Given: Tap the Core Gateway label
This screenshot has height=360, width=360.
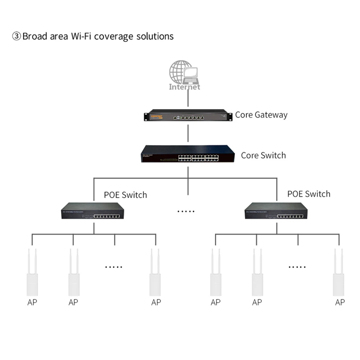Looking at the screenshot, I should [261, 115].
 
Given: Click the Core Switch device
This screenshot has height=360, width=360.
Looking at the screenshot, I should [188, 154].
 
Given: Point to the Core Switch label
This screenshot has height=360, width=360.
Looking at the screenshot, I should [263, 155].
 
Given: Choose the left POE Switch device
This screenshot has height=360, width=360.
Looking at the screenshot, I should [92, 211].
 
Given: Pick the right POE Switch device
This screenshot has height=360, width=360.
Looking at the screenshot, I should [276, 211].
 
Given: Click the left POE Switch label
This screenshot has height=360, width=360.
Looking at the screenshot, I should [125, 194].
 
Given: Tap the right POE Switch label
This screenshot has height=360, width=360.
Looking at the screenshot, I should [309, 194].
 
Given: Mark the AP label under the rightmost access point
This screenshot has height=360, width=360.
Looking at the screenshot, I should [340, 302].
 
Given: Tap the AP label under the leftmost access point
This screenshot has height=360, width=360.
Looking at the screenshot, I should [32, 302].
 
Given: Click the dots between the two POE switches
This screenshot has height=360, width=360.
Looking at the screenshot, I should [186, 211].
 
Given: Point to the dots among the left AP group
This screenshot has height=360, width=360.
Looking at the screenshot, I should [114, 267].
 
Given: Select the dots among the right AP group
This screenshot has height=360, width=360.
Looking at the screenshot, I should [297, 267].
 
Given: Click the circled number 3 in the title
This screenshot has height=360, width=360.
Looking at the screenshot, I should [17, 36].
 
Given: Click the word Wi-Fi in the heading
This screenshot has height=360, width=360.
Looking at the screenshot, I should [82, 36].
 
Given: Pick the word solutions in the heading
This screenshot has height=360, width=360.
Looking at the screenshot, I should [155, 36].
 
